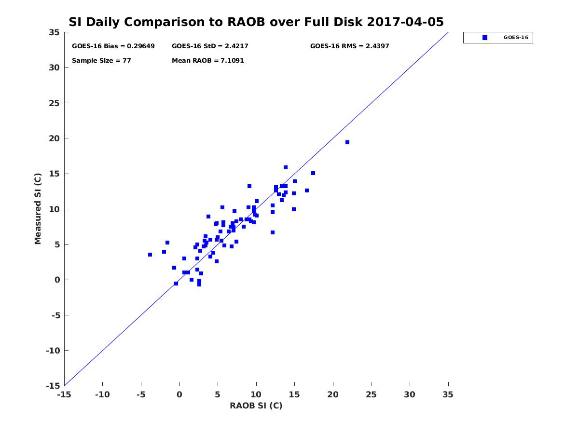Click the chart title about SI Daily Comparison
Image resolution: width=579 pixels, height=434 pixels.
(256, 22)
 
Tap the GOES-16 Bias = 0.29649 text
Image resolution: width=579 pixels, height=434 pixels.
(113, 46)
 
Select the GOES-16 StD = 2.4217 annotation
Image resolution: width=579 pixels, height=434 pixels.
(210, 46)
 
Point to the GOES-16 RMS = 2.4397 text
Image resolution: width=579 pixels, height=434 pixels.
(349, 46)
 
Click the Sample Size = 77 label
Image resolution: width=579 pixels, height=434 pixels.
(101, 61)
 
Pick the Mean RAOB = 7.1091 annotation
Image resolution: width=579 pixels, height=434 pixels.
(208, 61)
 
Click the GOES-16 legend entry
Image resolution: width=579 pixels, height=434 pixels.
(497, 38)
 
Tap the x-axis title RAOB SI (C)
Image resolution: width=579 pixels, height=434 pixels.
(256, 406)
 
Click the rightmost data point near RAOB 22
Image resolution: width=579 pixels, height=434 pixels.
(347, 142)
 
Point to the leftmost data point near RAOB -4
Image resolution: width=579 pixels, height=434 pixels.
(150, 255)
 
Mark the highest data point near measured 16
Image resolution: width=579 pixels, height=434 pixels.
(286, 167)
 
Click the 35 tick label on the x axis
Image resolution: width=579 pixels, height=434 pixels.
(448, 394)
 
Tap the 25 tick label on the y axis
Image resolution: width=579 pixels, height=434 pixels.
(55, 103)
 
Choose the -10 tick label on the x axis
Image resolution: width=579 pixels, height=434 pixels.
(102, 394)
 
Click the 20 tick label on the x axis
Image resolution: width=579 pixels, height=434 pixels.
(333, 394)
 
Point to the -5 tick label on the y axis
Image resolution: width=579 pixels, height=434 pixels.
(55, 315)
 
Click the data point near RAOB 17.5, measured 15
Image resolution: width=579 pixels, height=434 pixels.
(313, 173)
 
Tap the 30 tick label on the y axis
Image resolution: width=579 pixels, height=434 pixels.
(55, 68)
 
